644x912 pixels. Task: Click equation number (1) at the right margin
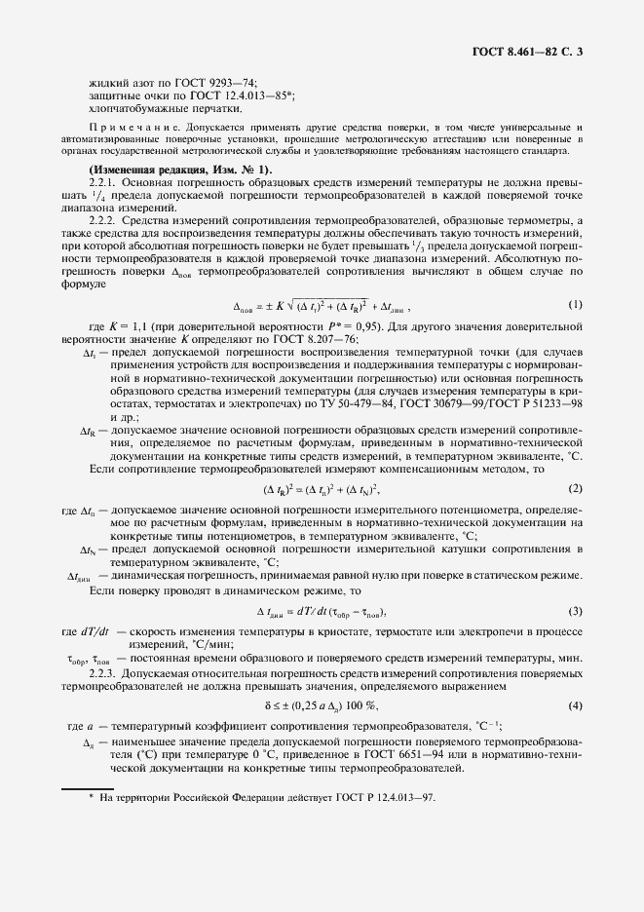coord(575,305)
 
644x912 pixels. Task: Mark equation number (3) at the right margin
coord(575,611)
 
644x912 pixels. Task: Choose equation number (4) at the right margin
coord(575,704)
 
